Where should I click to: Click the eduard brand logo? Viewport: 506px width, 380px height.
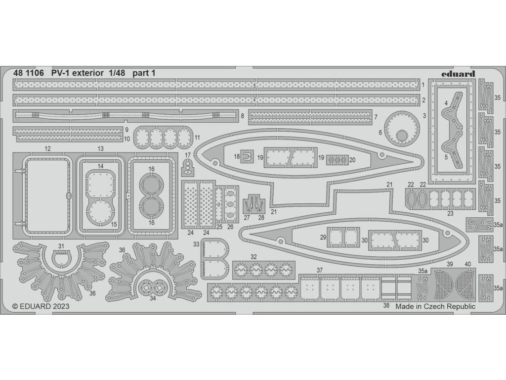(x=457, y=74)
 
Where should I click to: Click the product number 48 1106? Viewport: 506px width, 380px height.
(x=29, y=73)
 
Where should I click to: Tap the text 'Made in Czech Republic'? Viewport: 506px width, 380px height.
(x=435, y=306)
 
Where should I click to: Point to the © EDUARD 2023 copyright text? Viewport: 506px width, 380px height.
(x=41, y=306)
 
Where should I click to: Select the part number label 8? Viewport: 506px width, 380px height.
(x=243, y=116)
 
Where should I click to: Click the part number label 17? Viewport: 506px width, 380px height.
(x=187, y=155)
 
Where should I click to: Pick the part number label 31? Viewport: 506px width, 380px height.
(x=61, y=246)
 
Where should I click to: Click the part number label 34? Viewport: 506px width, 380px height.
(x=153, y=298)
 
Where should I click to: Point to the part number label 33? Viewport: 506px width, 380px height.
(x=196, y=244)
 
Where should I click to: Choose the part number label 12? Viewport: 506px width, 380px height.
(x=47, y=149)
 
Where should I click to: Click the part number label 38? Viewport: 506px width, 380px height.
(x=386, y=306)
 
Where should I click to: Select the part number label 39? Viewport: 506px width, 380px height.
(x=450, y=265)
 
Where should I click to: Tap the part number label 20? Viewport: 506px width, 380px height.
(x=352, y=160)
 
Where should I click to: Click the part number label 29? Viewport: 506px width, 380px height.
(x=323, y=238)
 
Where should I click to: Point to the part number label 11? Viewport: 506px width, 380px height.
(x=197, y=137)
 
